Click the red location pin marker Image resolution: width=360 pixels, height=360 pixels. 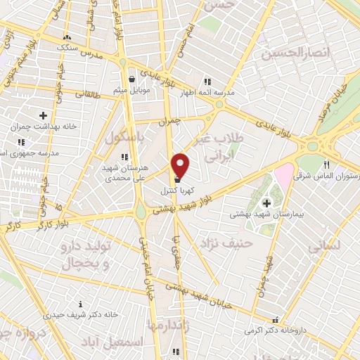coord(181,165)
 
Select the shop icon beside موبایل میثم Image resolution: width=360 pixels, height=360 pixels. coord(132,79)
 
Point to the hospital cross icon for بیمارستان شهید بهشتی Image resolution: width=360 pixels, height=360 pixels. coord(266,203)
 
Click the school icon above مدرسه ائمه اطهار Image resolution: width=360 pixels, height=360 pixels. coord(206,81)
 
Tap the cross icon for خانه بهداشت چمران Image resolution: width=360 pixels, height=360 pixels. coord(43,115)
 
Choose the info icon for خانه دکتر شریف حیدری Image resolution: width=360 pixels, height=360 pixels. coord(81,304)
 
